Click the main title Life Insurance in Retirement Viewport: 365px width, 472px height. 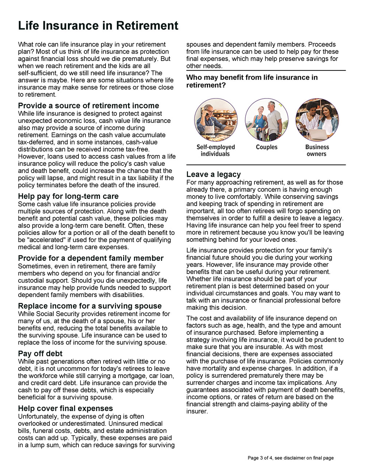coord(98,26)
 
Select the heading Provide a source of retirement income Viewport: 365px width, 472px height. coord(89,106)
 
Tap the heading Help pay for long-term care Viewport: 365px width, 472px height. coord(68,196)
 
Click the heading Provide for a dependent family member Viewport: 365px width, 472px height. coord(91,258)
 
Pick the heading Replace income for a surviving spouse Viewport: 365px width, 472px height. coord(90,306)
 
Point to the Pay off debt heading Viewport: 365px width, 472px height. coord(40,353)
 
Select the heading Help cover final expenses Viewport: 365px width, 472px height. coord(65,409)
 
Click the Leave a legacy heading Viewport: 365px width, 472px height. coord(214,174)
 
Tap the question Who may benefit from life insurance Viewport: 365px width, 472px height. coord(252,81)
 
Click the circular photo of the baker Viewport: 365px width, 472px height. coord(216,120)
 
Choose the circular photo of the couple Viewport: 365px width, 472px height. coord(266,120)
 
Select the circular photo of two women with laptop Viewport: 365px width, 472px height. coord(317,120)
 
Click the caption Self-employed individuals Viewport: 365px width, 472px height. coord(216,150)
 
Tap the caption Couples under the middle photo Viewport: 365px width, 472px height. coord(266,147)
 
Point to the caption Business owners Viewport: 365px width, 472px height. coord(317,150)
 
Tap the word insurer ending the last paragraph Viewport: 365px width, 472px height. coord(196,411)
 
